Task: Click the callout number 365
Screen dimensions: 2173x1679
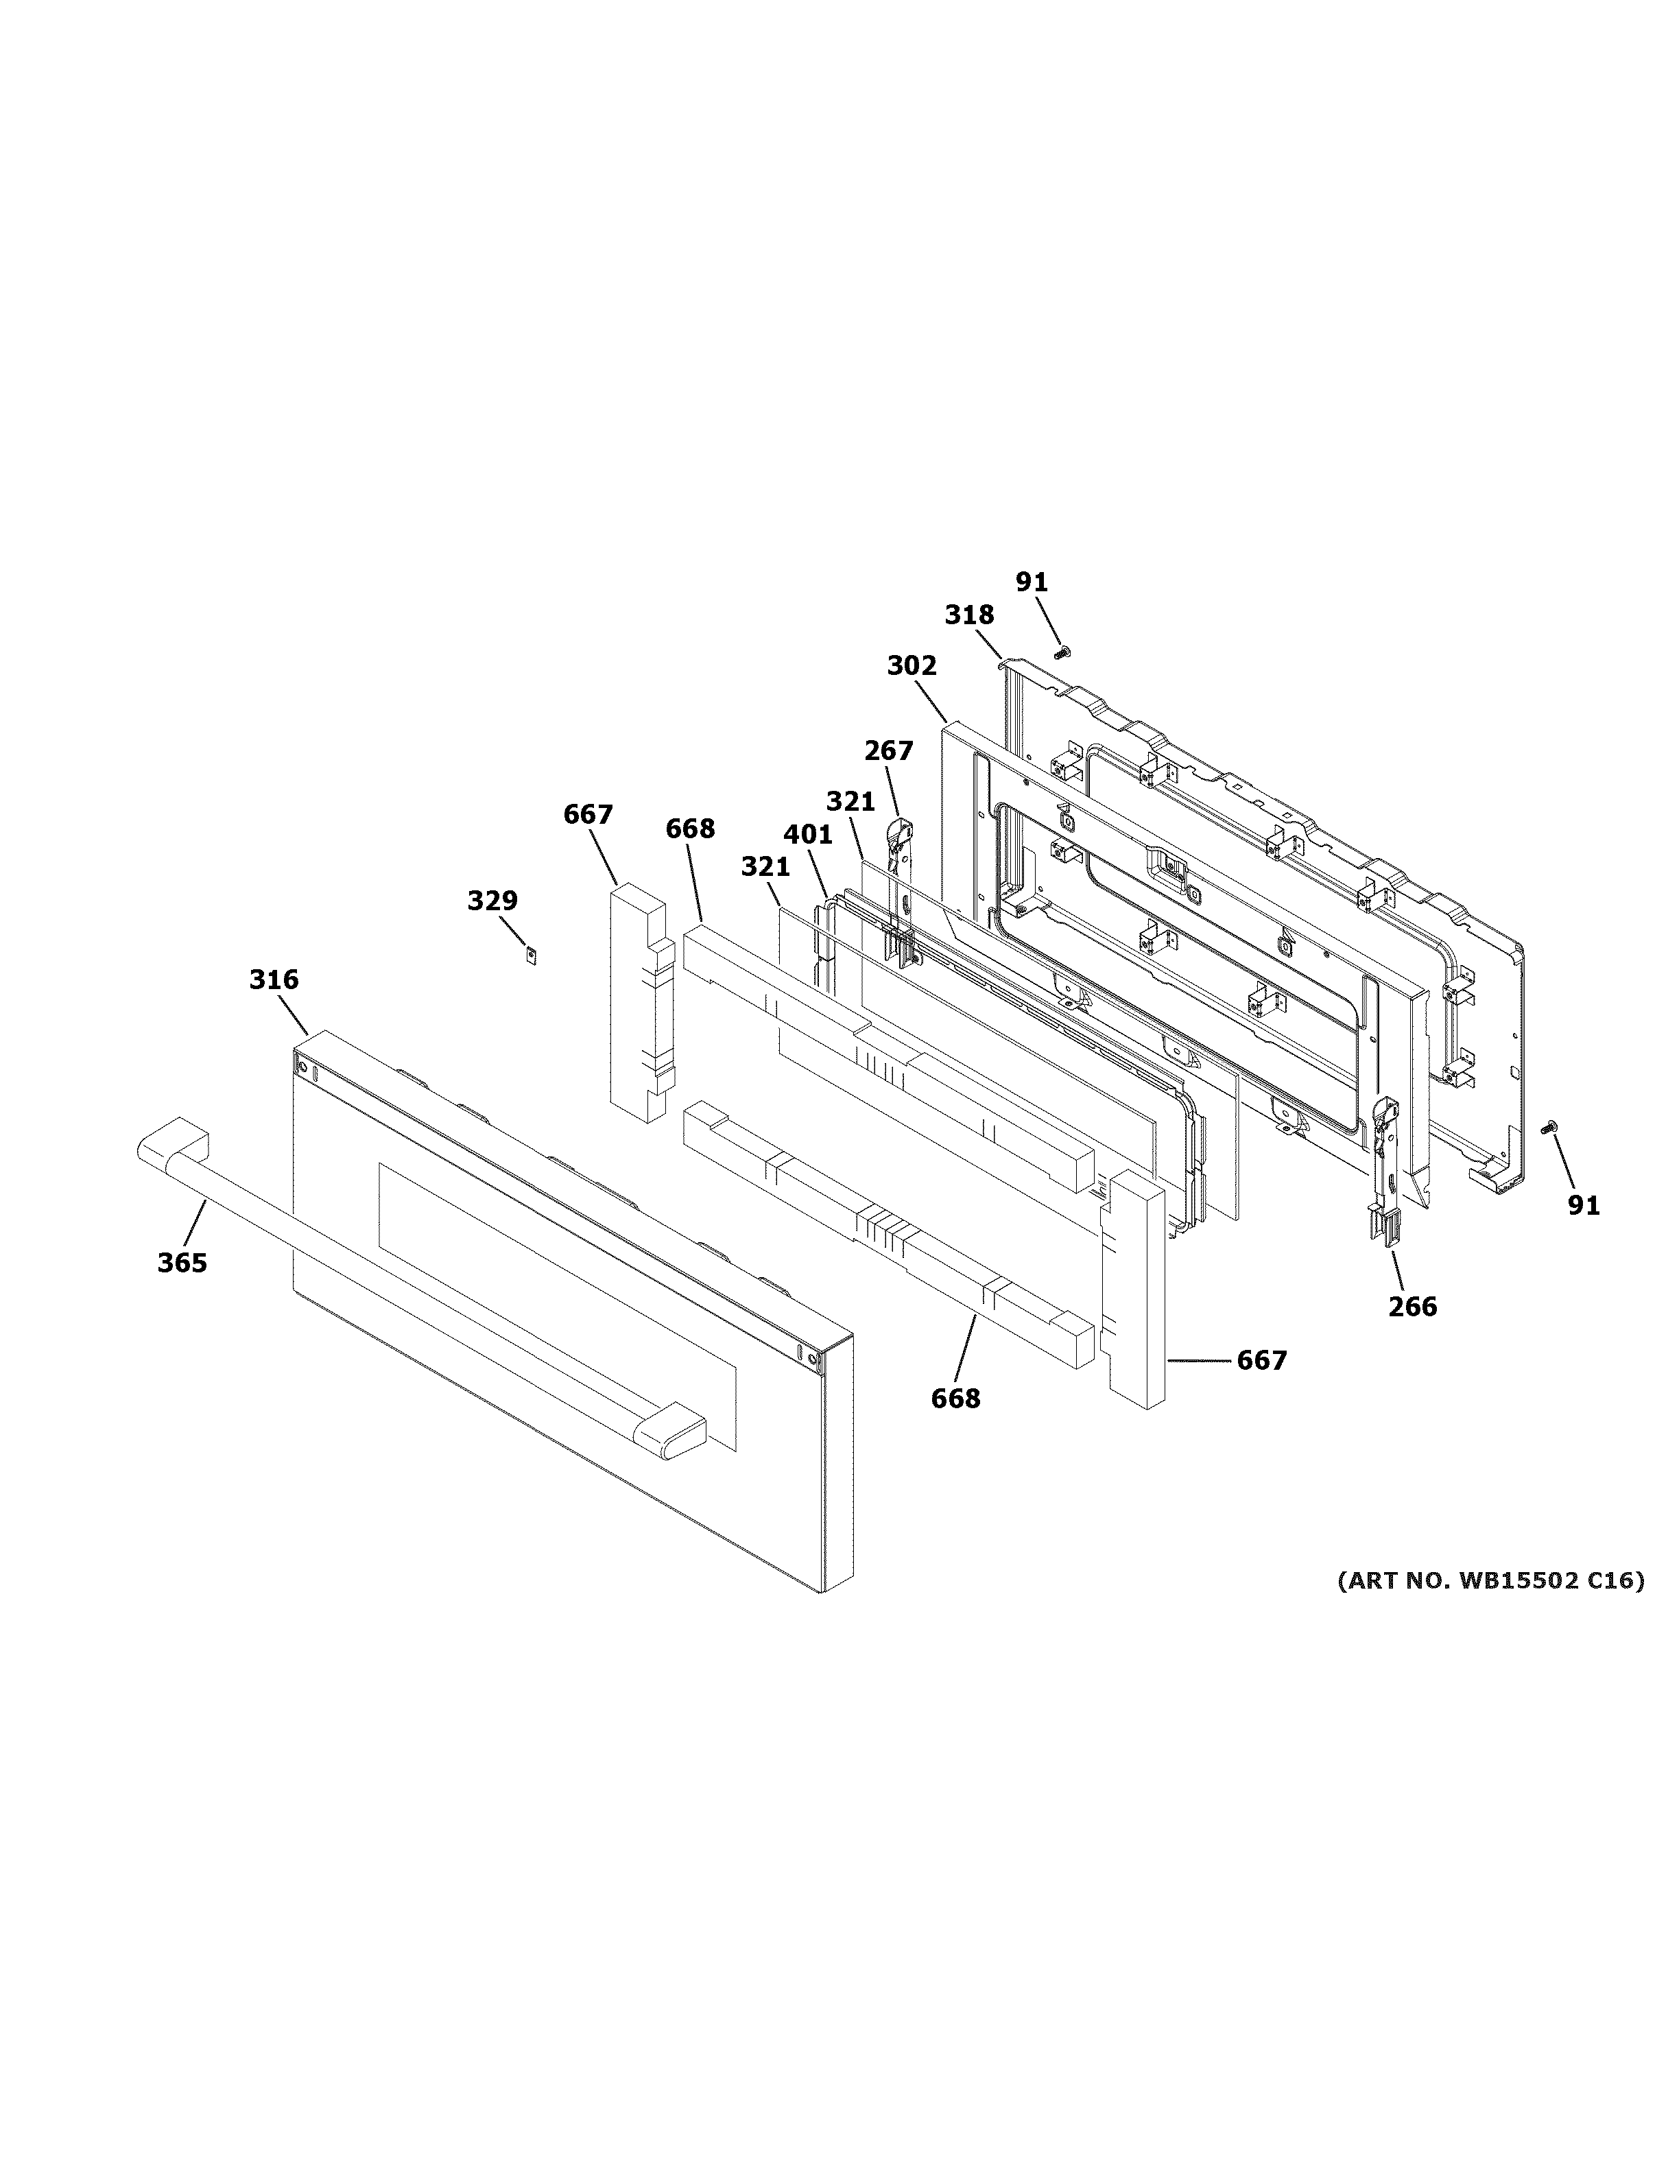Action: (182, 1263)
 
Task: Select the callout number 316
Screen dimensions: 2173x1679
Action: (274, 980)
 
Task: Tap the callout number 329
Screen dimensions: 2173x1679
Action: (492, 901)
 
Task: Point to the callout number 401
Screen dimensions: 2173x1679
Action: (808, 835)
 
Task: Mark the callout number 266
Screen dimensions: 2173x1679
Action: (1412, 1307)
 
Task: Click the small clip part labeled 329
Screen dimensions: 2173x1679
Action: (532, 955)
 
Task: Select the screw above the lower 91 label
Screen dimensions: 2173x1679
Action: (1549, 1127)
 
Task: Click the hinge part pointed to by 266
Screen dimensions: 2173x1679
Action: (1385, 1164)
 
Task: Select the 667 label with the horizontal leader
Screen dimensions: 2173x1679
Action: (1261, 1360)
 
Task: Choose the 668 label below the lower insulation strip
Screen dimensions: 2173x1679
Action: (955, 1399)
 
